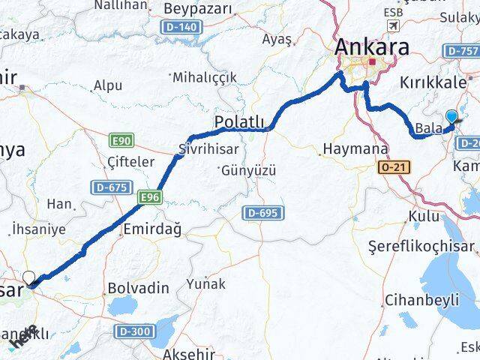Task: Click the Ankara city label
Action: pos(372,46)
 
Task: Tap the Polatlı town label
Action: pos(239,121)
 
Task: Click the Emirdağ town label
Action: pos(151,229)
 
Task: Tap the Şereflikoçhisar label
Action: pos(422,247)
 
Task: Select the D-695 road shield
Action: pos(263,214)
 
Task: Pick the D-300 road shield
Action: pos(134,330)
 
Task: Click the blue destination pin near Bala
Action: pos(451,118)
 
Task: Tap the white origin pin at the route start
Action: pos(29,278)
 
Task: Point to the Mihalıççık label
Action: pos(204,77)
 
